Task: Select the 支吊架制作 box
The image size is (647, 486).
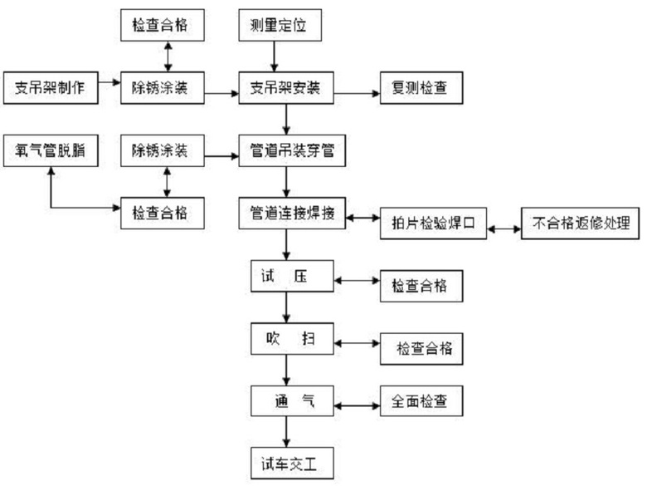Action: click(50, 86)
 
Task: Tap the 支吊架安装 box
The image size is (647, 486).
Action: click(286, 86)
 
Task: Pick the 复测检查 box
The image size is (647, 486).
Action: click(418, 86)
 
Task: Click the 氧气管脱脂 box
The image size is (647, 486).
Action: click(51, 151)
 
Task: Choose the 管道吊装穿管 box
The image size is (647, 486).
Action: click(286, 151)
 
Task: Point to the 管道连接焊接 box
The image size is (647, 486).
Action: click(286, 214)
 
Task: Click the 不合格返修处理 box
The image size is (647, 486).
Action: click(581, 223)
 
